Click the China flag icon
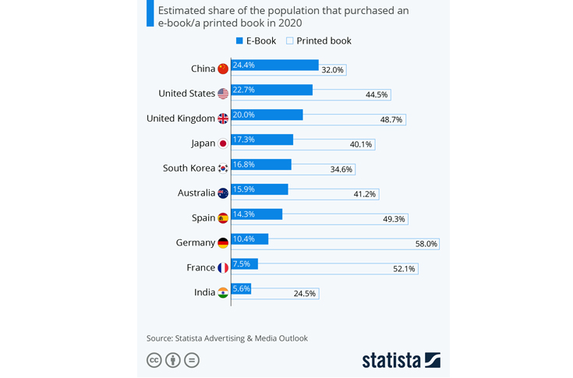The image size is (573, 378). (223, 69)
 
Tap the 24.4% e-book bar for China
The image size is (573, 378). (274, 65)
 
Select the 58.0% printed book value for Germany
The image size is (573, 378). (426, 244)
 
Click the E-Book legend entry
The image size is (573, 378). (256, 41)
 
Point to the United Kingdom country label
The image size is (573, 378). (181, 118)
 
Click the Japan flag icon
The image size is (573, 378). (223, 143)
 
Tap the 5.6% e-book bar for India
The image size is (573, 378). (241, 288)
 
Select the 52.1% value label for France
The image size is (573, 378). (404, 269)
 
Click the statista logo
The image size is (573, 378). (401, 360)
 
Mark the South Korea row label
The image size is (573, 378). (189, 168)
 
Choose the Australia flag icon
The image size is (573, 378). (223, 193)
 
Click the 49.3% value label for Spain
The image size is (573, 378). (394, 219)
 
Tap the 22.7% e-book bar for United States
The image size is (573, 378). (271, 90)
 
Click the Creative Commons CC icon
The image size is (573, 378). (154, 360)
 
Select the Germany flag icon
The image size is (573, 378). (223, 243)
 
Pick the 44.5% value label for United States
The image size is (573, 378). (377, 95)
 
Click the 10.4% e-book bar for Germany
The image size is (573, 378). (249, 238)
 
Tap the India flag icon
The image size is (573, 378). (223, 293)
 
